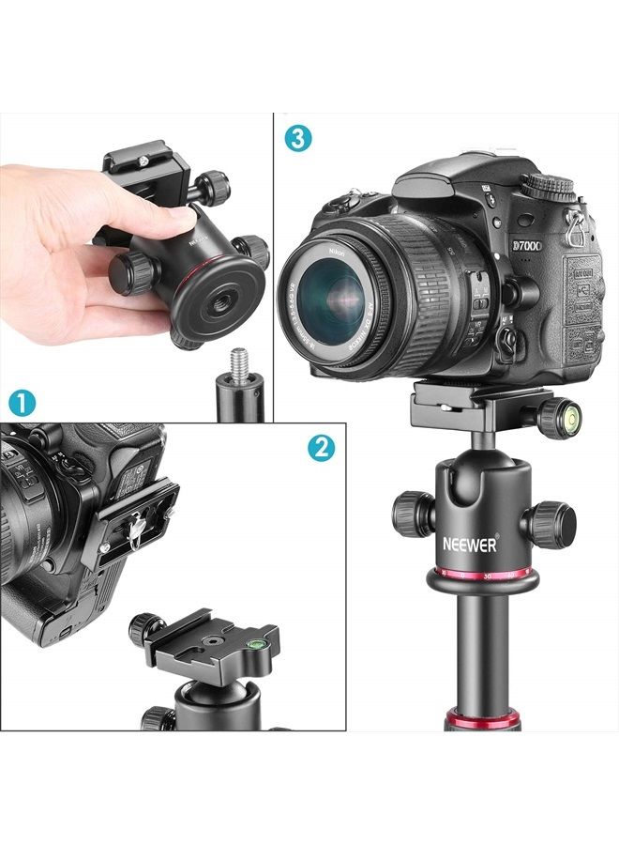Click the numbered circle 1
pos(21,405)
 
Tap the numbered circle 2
pos(321,448)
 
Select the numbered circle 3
pos(297,140)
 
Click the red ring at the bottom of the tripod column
pos(480,723)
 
